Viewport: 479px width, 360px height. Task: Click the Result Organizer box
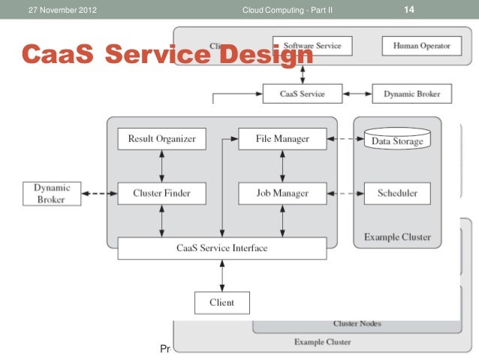(161, 139)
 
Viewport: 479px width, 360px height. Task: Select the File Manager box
(282, 139)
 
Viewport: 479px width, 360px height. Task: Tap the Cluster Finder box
(161, 193)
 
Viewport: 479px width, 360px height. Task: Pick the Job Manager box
(282, 193)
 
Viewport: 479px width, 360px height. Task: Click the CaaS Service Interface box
(221, 247)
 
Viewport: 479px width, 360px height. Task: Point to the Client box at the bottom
(221, 302)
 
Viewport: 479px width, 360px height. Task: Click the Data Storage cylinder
(397, 141)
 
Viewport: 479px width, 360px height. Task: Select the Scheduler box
(397, 193)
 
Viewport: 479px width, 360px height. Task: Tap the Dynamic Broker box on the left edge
(51, 193)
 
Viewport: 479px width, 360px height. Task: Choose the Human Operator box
(421, 46)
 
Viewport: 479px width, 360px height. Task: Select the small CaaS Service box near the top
(303, 95)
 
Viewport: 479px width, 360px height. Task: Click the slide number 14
(409, 10)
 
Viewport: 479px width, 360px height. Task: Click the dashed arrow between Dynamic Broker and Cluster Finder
(96, 193)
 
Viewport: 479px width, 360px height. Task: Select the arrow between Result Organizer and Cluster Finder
(161, 166)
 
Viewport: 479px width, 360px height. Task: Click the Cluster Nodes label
(357, 323)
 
